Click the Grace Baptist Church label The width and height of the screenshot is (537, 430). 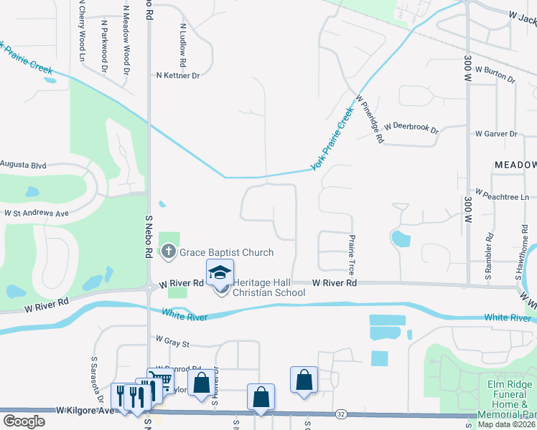(226, 252)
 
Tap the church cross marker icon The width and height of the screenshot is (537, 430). (168, 252)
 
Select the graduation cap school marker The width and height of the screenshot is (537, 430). (220, 272)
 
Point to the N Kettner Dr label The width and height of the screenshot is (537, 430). (177, 75)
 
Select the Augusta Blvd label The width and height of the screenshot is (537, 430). (23, 166)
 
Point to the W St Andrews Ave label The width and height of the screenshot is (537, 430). (36, 213)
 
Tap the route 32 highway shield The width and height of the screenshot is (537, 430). (342, 414)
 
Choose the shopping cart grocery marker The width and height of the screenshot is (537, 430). (160, 381)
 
